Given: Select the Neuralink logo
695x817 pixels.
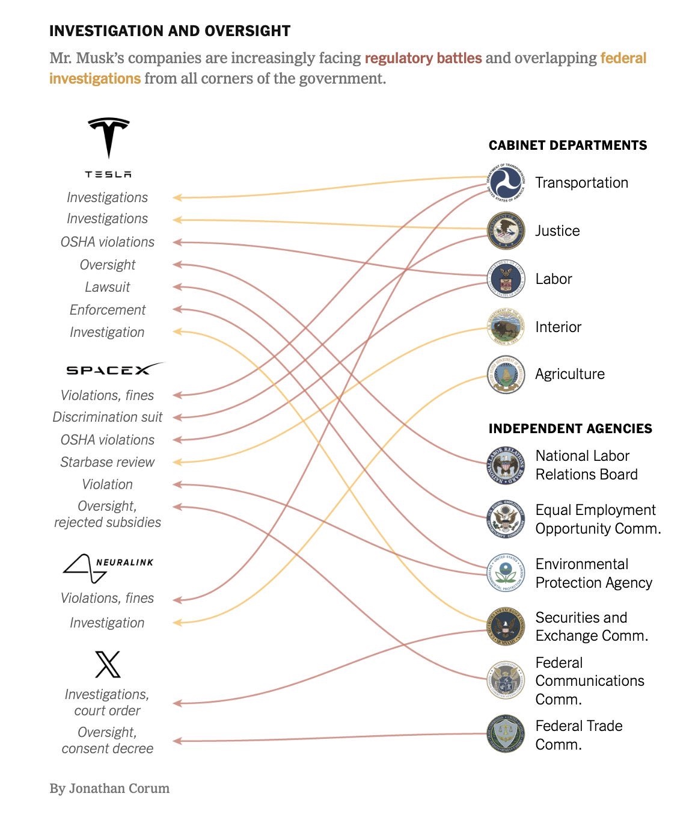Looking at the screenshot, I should pos(108,568).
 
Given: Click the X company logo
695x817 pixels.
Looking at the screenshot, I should pos(108,664).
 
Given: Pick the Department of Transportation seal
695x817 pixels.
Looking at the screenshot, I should pos(506,182).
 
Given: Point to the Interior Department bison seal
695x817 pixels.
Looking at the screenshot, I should pos(506,327).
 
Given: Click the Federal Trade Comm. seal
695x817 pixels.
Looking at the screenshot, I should pos(506,734).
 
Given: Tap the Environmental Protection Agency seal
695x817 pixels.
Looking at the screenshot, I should pos(506,573).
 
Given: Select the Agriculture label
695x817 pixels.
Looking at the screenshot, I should pos(569,374).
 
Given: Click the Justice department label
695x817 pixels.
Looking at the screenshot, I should pos(557,231).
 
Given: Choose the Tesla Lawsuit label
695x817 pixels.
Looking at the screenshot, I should pos(108,288).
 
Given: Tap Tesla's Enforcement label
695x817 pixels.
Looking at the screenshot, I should pos(108,310).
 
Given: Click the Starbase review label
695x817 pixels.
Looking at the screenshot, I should pos(108,462).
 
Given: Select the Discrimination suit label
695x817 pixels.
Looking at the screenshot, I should pos(108,417).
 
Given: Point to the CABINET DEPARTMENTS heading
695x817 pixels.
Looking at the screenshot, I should pos(568,146).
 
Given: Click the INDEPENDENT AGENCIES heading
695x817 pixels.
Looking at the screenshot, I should pos(570,429).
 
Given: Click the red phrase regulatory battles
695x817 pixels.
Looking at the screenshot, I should pos(423,58).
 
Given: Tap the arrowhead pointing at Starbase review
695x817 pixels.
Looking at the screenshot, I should pos(177,462).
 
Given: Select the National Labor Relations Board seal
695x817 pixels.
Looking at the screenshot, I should pos(506,465).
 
